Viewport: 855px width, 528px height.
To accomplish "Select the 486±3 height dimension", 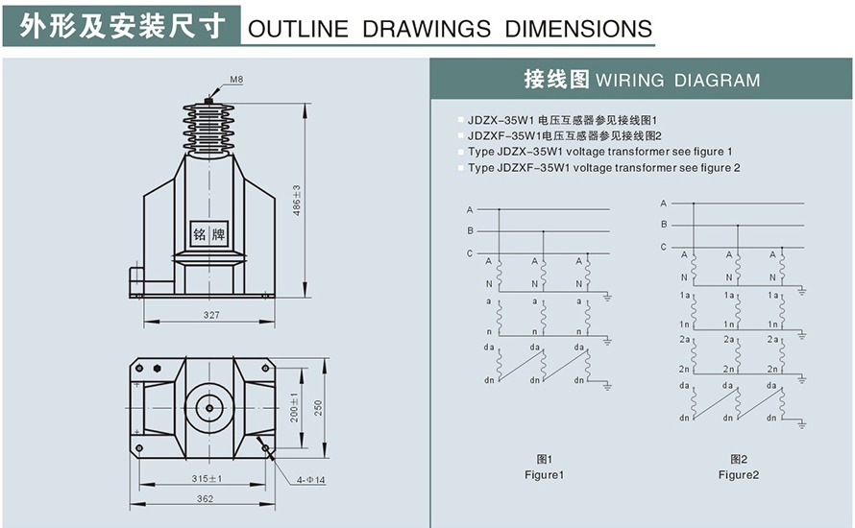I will [297, 200].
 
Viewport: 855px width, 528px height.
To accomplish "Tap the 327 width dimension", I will [211, 315].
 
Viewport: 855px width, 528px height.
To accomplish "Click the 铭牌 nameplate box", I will [209, 233].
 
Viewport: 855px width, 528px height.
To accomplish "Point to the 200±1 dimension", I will [296, 409].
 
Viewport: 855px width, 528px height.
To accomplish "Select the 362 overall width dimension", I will [205, 499].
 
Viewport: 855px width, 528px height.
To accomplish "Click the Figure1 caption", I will [544, 475].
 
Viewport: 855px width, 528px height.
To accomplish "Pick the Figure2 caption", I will [738, 475].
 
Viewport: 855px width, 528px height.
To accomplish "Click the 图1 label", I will [544, 460].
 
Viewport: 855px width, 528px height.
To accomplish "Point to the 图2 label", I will [738, 460].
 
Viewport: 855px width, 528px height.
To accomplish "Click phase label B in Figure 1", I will [470, 230].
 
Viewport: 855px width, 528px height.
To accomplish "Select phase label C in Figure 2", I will [663, 247].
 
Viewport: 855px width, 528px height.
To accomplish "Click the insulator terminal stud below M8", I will [208, 99].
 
